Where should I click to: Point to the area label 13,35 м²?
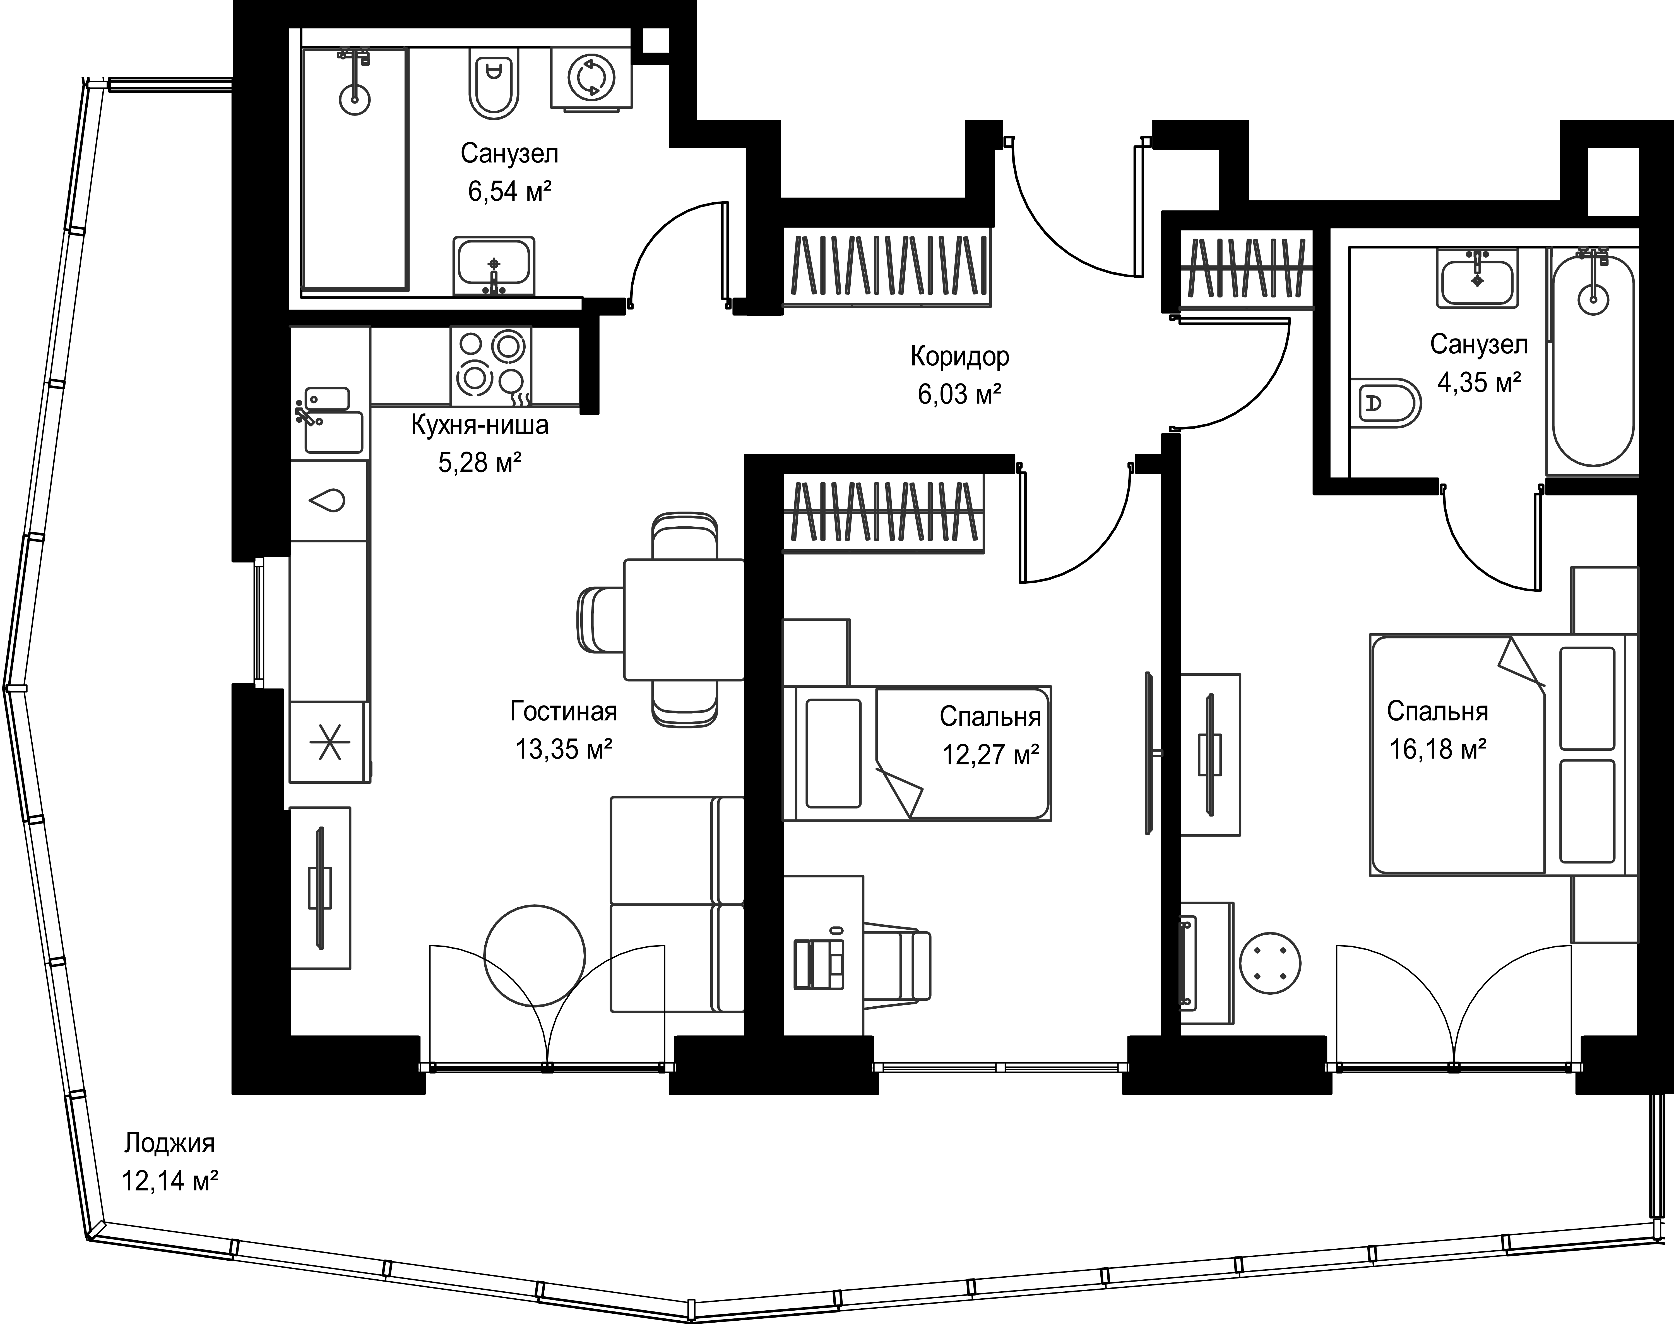pos(564,750)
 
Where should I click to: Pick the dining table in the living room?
pos(684,619)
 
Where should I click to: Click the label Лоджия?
pos(169,1143)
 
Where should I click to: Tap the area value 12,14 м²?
pos(169,1181)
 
